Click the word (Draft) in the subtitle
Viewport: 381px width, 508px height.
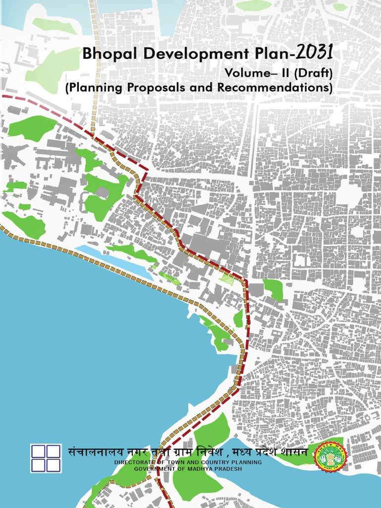(x=314, y=73)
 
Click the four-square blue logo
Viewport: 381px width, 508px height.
(x=46, y=458)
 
